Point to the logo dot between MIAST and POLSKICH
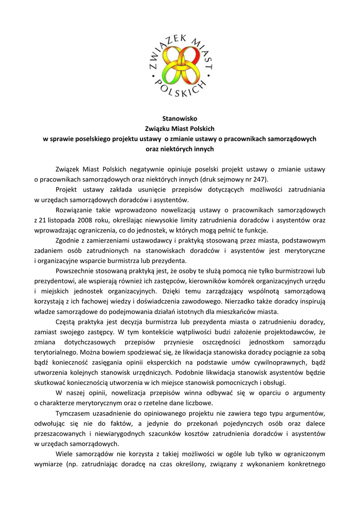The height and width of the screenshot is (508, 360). click(209, 76)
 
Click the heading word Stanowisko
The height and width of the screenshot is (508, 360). click(180, 119)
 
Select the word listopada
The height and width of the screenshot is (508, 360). click(57, 220)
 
